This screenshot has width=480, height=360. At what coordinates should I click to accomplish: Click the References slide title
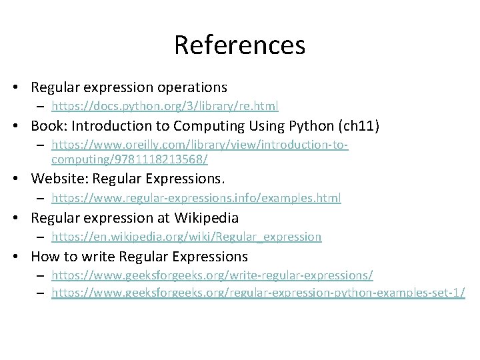pos(239,45)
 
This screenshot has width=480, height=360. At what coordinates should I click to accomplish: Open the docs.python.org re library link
pos(165,106)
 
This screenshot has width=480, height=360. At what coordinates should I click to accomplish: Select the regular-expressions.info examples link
pos(196,198)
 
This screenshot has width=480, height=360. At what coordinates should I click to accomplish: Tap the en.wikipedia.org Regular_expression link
pos(186,237)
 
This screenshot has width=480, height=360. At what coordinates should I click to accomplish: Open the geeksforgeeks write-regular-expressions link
pos(212,275)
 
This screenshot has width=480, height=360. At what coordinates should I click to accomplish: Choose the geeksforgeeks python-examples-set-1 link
pos(258,293)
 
